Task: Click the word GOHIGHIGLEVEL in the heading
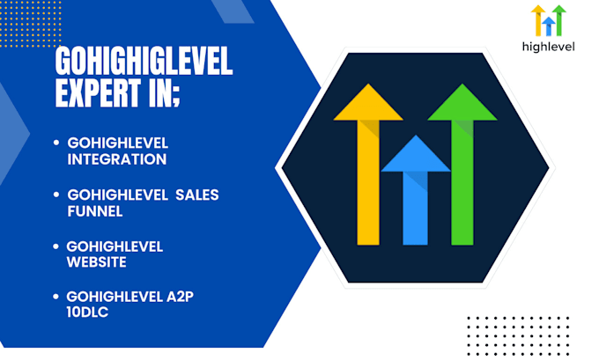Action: point(144,62)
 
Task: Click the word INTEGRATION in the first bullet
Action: point(117,159)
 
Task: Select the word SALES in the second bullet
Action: point(196,195)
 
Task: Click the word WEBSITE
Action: point(96,262)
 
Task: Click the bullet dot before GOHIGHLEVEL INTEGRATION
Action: point(56,143)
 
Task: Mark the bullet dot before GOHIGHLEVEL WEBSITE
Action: point(56,246)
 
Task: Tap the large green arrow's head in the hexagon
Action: point(462,104)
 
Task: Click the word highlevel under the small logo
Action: point(549,47)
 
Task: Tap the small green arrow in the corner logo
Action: point(559,18)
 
